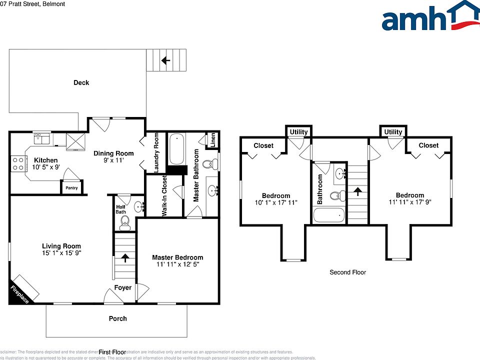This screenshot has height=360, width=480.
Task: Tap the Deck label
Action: click(81, 82)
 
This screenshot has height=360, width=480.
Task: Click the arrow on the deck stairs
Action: click(165, 60)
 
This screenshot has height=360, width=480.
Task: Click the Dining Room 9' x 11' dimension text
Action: click(113, 161)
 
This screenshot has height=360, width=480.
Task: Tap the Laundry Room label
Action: click(156, 152)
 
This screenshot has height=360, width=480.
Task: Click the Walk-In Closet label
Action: click(164, 196)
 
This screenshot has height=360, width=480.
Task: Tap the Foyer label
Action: click(123, 287)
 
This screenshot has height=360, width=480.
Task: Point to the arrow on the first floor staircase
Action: click(124, 258)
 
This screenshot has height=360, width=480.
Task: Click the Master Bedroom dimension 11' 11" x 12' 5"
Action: click(177, 265)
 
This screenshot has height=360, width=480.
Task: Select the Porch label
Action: click(118, 318)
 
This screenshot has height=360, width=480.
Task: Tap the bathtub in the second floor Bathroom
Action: click(328, 216)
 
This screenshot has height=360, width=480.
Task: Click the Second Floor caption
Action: click(347, 272)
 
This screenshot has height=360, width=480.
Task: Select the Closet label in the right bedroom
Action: click(428, 145)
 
